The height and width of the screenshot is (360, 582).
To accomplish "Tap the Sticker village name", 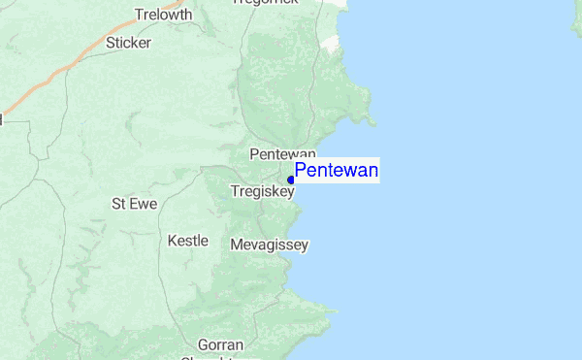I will click(129, 43).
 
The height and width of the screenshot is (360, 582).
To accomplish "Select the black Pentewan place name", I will click(283, 154).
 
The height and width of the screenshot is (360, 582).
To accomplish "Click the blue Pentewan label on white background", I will click(337, 172).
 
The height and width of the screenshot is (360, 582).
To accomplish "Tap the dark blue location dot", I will click(291, 180).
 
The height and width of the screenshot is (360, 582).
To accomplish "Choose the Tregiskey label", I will click(262, 192).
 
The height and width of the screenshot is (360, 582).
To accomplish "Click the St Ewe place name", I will click(132, 204).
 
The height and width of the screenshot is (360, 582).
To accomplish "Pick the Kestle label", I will click(188, 240).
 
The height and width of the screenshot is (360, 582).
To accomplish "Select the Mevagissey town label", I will click(270, 245).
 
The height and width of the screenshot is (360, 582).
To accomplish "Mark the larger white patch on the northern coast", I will click(335, 44).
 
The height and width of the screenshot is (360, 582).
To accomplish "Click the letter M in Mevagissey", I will click(237, 245).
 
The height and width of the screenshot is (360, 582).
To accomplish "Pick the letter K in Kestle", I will click(173, 240).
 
